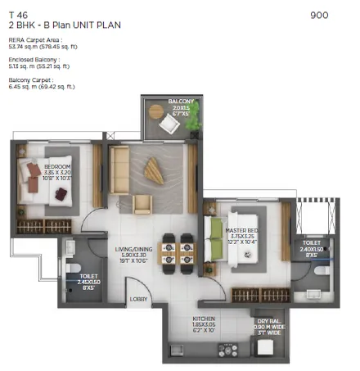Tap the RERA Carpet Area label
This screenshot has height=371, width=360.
pos(33,39)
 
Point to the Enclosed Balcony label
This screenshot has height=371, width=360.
pos(32,60)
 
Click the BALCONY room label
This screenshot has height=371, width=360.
pos(180,102)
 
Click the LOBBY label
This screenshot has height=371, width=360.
pos(139,299)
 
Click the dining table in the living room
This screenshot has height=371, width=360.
pos(177,248)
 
